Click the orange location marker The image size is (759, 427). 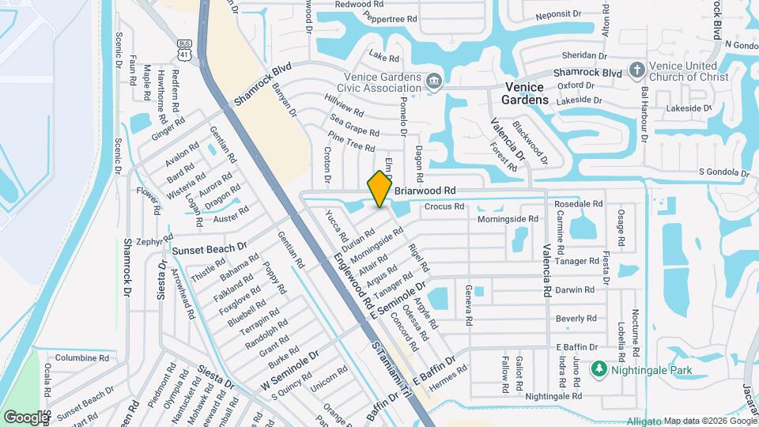click(379, 189)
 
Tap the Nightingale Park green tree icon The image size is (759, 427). click(599, 369)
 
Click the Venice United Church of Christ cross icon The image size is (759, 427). click(637, 70)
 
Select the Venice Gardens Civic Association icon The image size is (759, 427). click(433, 81)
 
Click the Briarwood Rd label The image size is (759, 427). click(425, 191)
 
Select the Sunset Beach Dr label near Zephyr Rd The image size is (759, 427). click(210, 249)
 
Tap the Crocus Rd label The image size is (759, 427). click(444, 207)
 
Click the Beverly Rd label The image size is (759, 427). click(576, 319)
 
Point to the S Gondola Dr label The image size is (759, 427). click(723, 172)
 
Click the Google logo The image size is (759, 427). click(25, 416)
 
